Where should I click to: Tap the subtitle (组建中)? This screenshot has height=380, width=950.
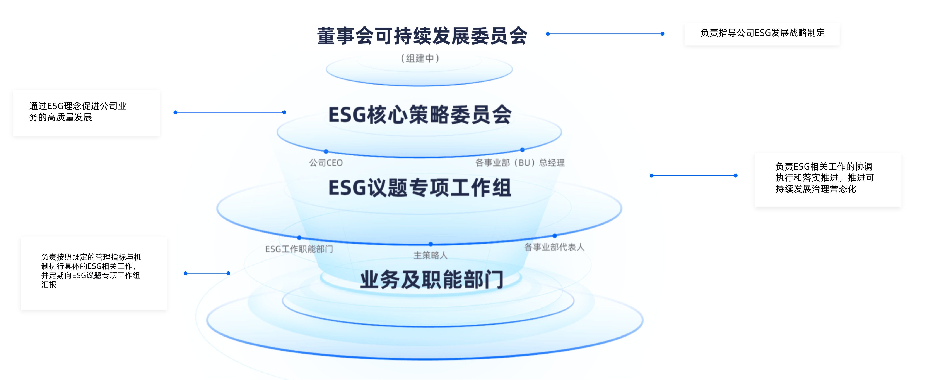[420, 58]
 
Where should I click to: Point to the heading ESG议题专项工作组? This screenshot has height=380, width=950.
[420, 188]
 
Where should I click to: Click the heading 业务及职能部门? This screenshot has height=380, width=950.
[431, 280]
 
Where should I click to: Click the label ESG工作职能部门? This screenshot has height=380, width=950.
[299, 249]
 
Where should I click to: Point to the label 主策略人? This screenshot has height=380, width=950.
[430, 255]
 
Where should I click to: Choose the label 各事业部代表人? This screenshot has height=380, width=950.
[554, 247]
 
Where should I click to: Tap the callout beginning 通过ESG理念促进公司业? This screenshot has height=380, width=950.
[78, 112]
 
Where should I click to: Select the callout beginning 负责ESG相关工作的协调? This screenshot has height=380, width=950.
[825, 178]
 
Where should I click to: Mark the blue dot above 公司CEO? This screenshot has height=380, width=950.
[326, 151]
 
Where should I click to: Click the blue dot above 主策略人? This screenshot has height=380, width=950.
[431, 244]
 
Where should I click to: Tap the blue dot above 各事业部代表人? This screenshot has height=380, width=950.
[555, 236]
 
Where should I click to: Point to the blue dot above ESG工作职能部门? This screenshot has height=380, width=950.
[299, 237]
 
